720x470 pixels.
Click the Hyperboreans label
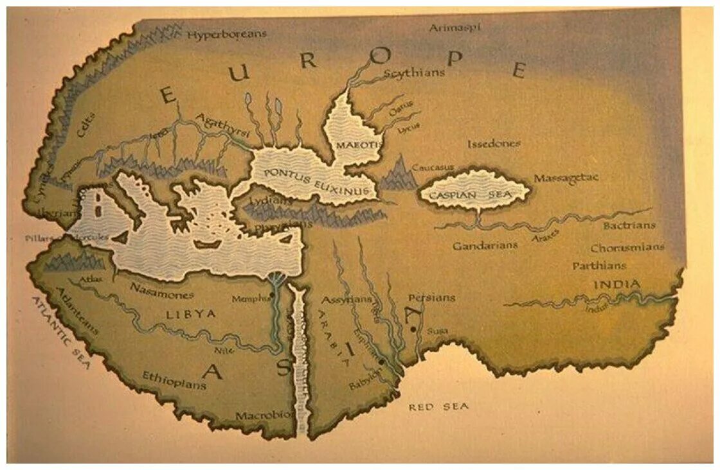click(x=226, y=34)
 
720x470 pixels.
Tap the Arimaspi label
click(x=455, y=27)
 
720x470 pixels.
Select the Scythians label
click(x=414, y=73)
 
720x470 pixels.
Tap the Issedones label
click(x=494, y=144)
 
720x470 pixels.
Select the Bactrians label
click(x=629, y=225)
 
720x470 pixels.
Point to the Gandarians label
click(x=485, y=245)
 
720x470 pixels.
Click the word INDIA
click(x=616, y=284)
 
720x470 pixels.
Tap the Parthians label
click(x=599, y=265)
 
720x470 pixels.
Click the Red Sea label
click(x=439, y=406)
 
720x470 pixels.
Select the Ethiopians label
click(x=174, y=379)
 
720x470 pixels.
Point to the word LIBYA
click(x=191, y=313)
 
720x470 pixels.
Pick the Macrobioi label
click(x=264, y=415)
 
